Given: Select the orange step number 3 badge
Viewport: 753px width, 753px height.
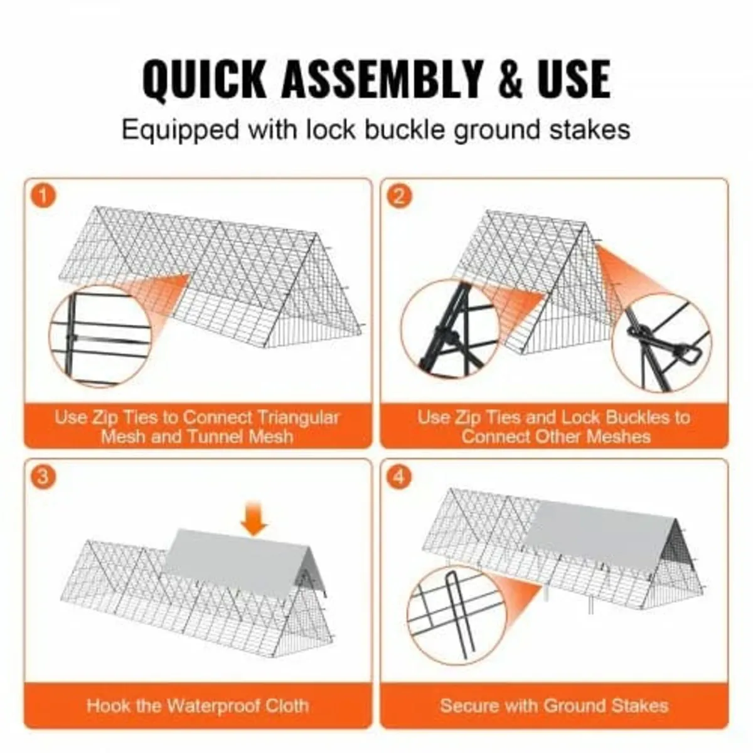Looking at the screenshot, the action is point(43,477).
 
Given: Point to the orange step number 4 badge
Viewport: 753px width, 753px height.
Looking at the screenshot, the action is point(399,477).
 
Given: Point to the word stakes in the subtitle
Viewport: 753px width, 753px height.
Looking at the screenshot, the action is point(590,130).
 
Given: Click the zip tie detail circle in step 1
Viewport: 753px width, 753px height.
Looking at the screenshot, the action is point(99,337).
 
